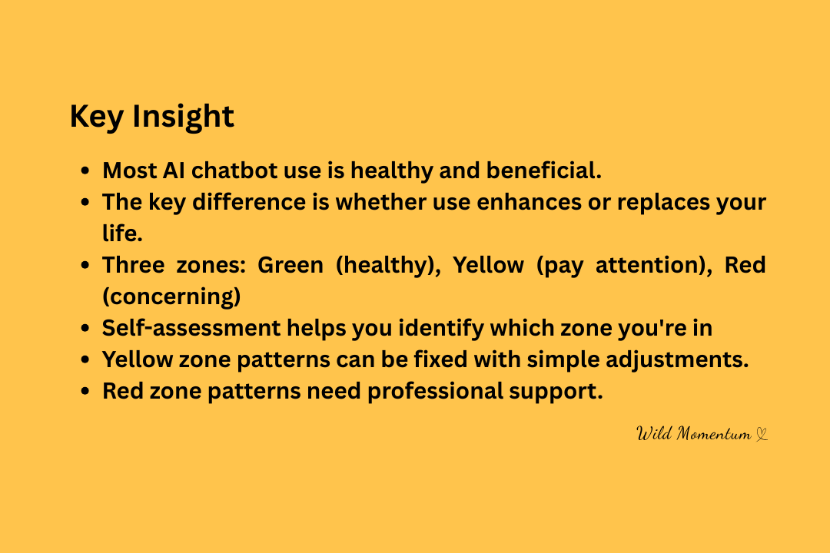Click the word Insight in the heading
click(x=183, y=117)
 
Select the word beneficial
click(x=543, y=171)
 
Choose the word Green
click(x=290, y=264)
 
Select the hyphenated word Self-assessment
click(x=191, y=328)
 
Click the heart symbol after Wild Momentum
click(x=761, y=435)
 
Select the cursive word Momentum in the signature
click(x=714, y=434)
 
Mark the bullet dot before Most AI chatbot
click(x=85, y=171)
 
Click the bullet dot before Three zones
click(x=85, y=265)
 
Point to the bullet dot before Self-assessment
click(x=85, y=329)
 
